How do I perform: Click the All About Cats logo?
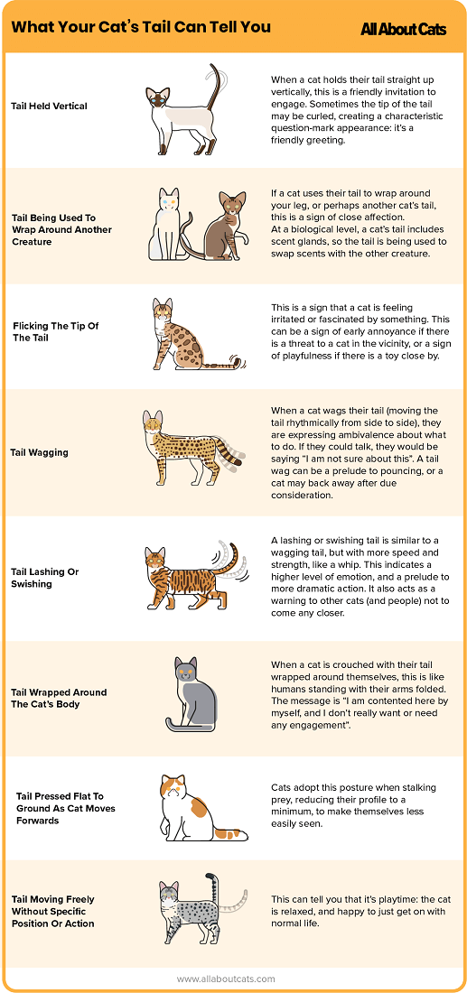pyautogui.click(x=403, y=29)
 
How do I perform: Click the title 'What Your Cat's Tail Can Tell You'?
pyautogui.click(x=141, y=27)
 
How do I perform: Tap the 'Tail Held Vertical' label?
pyautogui.click(x=49, y=107)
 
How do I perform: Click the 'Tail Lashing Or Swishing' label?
pyautogui.click(x=45, y=578)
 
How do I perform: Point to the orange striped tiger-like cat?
pyautogui.click(x=185, y=578)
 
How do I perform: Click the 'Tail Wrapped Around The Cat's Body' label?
pyautogui.click(x=59, y=698)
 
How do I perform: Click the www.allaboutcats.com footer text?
pyautogui.click(x=226, y=979)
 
